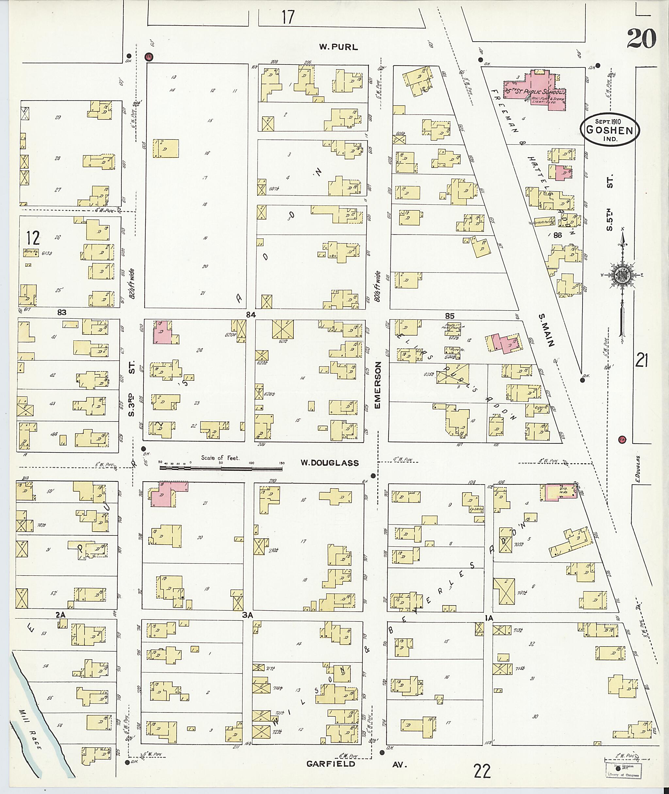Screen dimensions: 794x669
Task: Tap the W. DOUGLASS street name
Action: point(329,463)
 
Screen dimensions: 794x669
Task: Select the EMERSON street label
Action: point(377,385)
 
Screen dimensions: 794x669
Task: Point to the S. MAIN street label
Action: point(546,330)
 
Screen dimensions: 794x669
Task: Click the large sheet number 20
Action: point(641,39)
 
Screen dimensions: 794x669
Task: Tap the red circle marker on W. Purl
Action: point(149,57)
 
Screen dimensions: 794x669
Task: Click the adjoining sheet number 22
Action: point(482,771)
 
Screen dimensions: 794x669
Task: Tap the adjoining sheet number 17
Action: point(288,17)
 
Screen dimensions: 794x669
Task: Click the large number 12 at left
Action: point(33,238)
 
